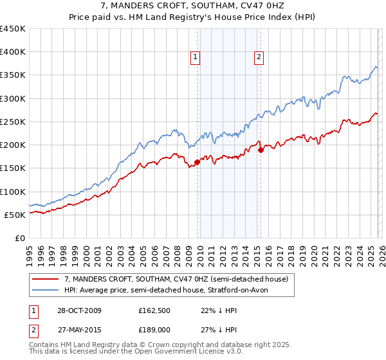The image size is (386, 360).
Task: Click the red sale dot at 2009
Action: point(197,163)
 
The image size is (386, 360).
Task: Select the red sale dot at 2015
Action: point(261,150)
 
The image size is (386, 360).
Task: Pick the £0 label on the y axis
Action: point(21,238)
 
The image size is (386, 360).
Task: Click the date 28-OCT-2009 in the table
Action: point(78,310)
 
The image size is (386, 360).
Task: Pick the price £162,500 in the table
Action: point(154,310)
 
